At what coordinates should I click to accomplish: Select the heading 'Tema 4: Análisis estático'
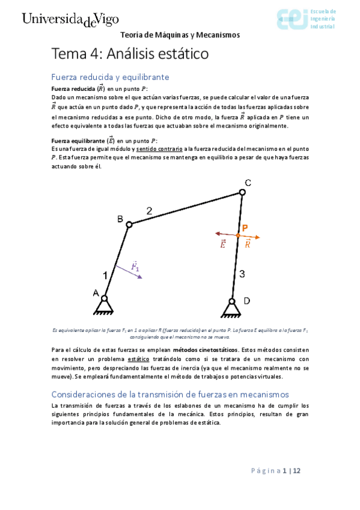pos(130,54)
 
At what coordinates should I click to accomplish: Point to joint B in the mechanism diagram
pos(128,224)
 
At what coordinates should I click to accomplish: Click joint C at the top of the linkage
pos(242,192)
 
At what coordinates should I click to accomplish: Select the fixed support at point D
pos(231,308)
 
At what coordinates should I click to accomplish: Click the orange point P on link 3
pos(239,235)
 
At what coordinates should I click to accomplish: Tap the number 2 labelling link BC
pos(150,210)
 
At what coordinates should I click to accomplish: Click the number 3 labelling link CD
pos(242,274)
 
